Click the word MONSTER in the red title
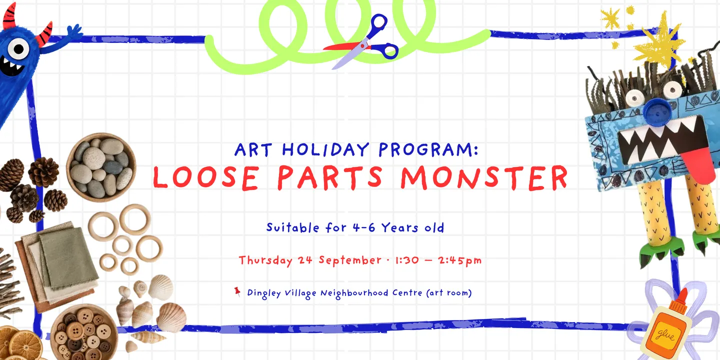(x=484, y=177)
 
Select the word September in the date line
(x=349, y=259)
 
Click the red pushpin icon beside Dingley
(x=237, y=292)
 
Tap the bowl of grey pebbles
(x=101, y=167)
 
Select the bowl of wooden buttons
(x=84, y=332)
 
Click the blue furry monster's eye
(x=18, y=49)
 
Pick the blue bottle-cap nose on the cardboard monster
(x=657, y=111)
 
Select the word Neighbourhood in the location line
(x=354, y=293)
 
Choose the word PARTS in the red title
(x=330, y=177)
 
